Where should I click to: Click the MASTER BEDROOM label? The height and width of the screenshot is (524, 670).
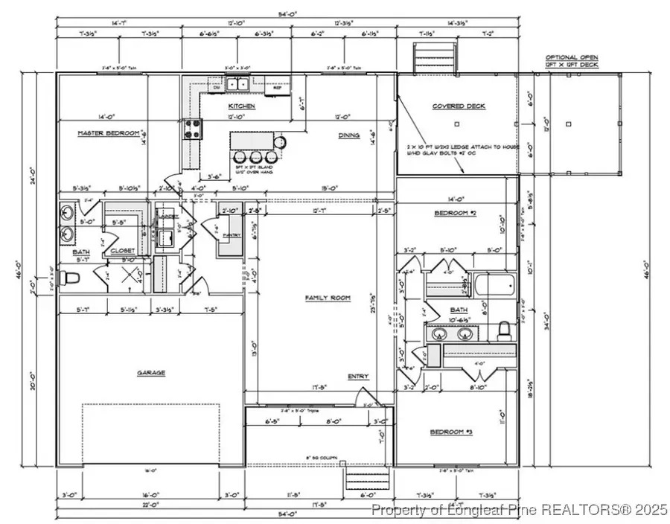coord(109,133)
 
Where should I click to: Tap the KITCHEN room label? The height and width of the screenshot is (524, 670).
coord(241,106)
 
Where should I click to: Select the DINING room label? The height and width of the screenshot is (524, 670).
coord(348,135)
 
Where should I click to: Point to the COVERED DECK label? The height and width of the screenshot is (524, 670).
coord(459,106)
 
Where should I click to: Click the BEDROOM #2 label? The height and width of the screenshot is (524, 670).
coord(454,214)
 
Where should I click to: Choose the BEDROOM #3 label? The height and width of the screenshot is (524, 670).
coord(452,432)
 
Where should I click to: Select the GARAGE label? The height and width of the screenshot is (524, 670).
coord(150,373)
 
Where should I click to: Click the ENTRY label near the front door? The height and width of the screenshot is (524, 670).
coord(358,377)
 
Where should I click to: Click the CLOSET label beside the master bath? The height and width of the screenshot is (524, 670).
coord(123,252)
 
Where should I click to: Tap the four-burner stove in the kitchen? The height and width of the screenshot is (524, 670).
coord(192,130)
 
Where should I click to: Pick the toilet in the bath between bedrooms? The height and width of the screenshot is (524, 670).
coord(503,328)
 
